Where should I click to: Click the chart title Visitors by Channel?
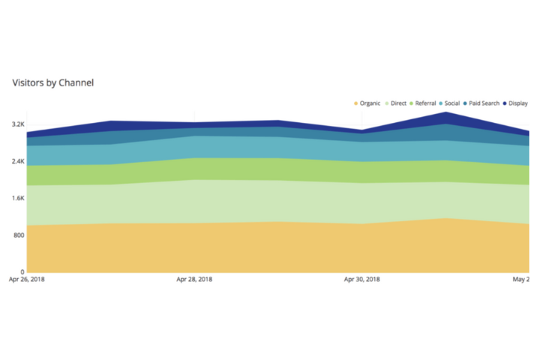[x=52, y=82]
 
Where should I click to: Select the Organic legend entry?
[x=370, y=103]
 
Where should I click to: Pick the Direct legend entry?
[x=398, y=103]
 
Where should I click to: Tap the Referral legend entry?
[x=425, y=103]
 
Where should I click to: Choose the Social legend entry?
[x=451, y=103]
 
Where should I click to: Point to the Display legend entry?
[x=517, y=103]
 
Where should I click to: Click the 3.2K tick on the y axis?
[x=17, y=124]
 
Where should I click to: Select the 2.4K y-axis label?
[x=17, y=161]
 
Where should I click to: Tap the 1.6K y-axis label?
[x=17, y=198]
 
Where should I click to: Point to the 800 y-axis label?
[x=19, y=235]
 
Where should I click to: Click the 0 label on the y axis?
[x=22, y=271]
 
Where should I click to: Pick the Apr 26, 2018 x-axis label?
[x=26, y=280]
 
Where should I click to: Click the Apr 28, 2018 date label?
[x=194, y=280]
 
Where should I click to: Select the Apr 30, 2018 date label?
[x=361, y=280]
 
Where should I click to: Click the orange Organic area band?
[x=225, y=247]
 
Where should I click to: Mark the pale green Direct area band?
[x=225, y=201]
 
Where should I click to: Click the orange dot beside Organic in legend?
[x=355, y=103]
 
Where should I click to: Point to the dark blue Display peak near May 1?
[x=446, y=116]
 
